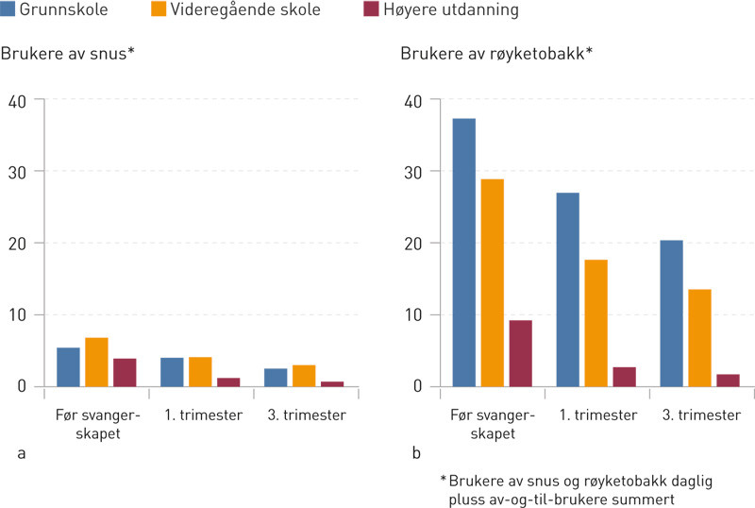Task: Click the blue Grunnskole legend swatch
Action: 8,11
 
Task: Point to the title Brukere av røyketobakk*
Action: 496,54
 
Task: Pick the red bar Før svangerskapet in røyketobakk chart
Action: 521,353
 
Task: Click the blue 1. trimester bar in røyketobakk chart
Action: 567,289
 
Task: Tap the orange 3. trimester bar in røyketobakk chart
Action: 699,337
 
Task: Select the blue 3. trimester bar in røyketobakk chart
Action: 671,313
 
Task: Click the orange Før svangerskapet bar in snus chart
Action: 96,362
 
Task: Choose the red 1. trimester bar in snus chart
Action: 228,381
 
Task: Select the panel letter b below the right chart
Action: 416,454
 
